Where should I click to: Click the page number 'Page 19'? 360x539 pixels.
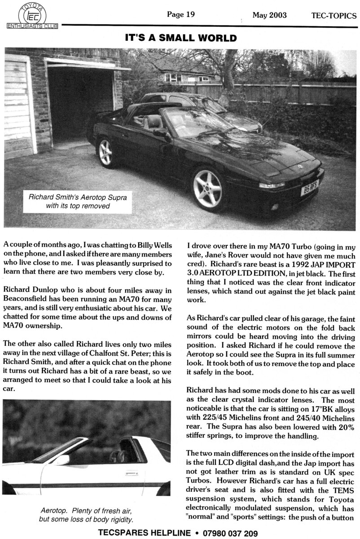tap(180, 14)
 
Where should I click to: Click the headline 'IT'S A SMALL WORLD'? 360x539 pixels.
tap(180, 38)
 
